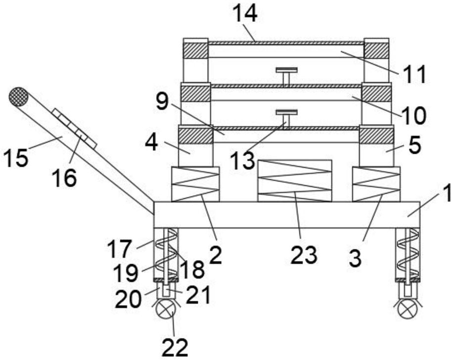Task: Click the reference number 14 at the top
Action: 245,14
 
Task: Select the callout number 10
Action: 414,116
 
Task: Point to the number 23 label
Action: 304,255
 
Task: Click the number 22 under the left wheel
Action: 175,348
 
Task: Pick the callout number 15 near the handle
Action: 16,158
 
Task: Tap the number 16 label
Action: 64,177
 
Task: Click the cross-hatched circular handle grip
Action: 19,96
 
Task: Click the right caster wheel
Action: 408,310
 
